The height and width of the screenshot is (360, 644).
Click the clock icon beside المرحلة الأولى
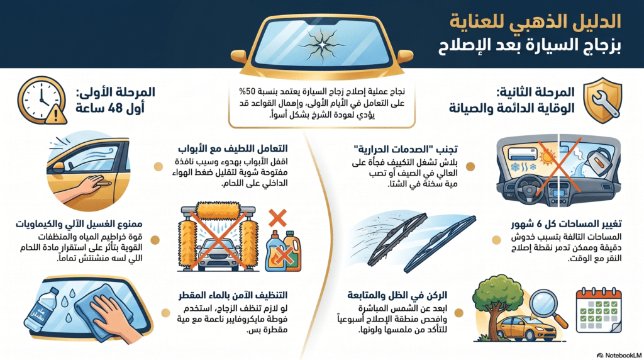tap(41, 97)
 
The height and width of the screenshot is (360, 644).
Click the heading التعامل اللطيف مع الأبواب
tap(241, 149)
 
